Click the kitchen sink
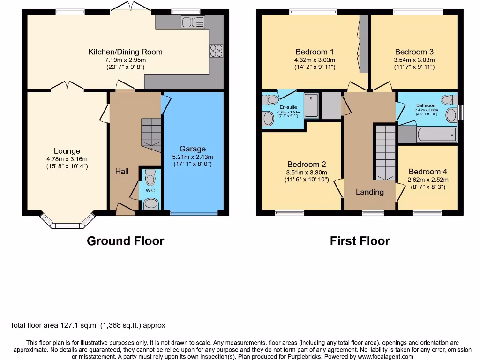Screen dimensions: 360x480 coord(193,22)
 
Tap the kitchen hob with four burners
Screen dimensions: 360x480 coord(217,51)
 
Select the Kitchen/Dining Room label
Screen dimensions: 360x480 coord(125,52)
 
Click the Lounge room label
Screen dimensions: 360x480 coord(67,151)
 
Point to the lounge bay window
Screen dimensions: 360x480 coord(67,222)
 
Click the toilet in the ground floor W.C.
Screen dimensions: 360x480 coord(150,179)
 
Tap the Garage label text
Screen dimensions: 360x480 coord(193,149)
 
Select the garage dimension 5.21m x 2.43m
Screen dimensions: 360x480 coord(193,157)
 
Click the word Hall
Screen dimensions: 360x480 coord(122,172)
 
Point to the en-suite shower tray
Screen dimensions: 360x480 coord(311,105)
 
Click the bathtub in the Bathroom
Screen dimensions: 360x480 coord(436,135)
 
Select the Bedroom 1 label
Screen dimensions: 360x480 coord(315,52)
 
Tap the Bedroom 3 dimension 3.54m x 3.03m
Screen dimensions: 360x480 coord(414,60)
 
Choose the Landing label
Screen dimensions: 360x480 coord(370,192)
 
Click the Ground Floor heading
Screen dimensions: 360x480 coord(125,241)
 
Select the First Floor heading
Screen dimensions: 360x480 coord(360,241)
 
